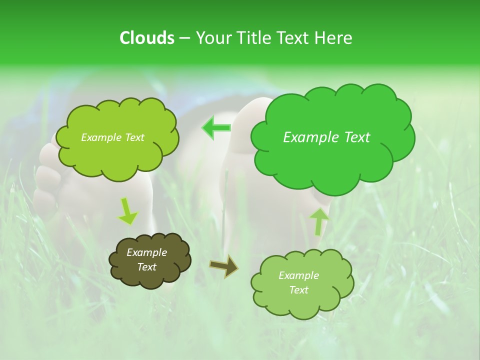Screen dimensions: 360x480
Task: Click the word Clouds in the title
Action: pos(146,38)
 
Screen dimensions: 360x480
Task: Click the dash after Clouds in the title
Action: pos(184,38)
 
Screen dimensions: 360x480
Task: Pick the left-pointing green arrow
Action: pos(216,127)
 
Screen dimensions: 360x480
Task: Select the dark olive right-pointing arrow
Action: pos(223,265)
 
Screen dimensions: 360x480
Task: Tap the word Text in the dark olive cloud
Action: pos(147,267)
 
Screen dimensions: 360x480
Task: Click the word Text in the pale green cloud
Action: pos(298,290)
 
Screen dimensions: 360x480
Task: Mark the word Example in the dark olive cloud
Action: pos(146,252)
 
